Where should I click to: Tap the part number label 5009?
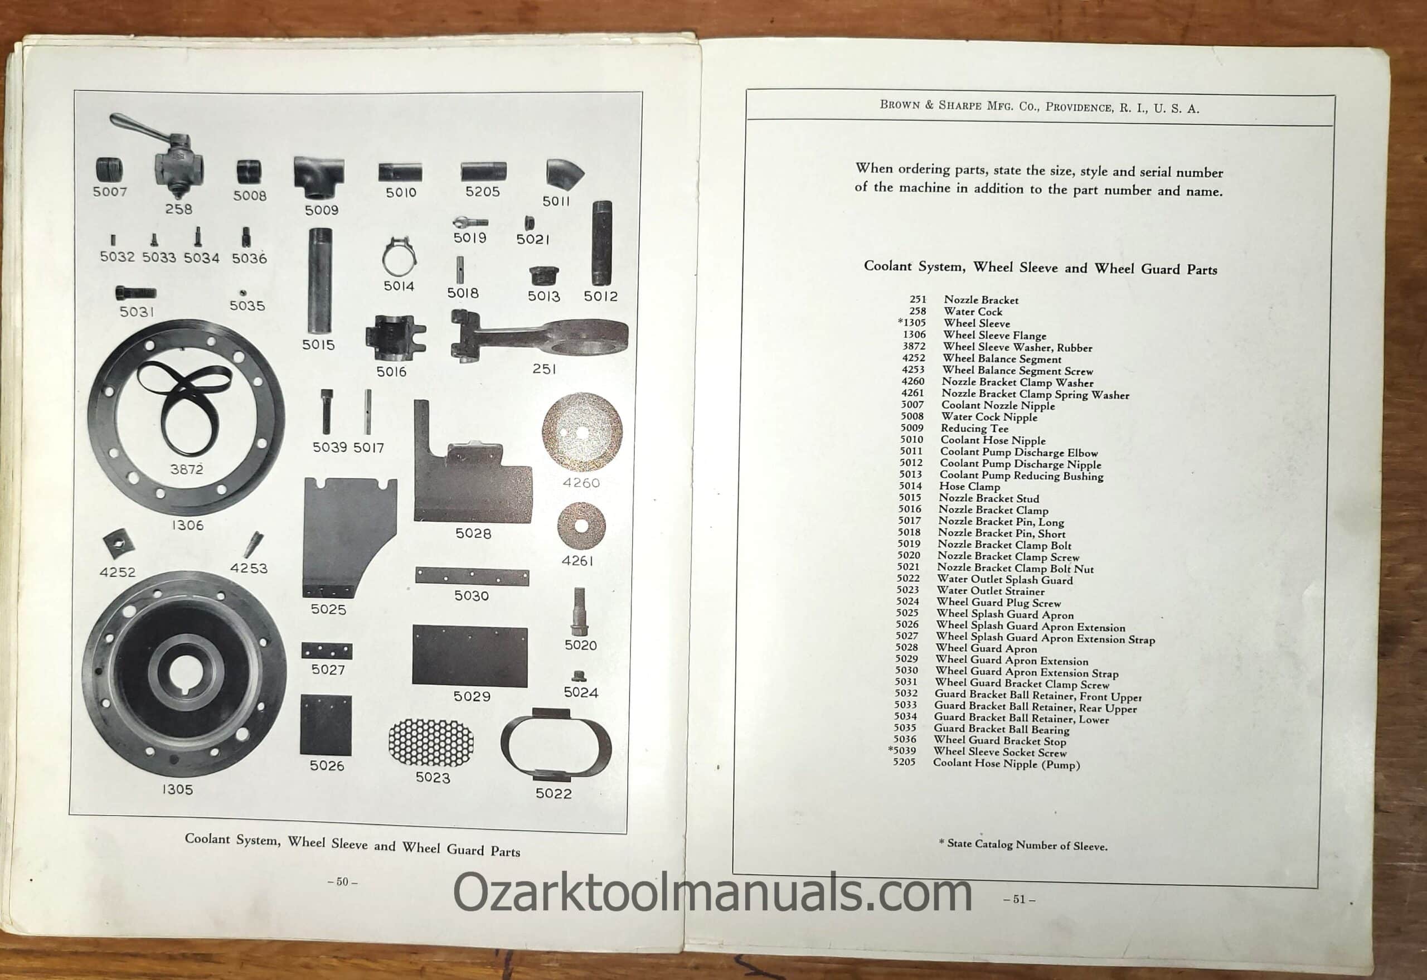coord(322,210)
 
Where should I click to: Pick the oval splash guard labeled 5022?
coord(556,744)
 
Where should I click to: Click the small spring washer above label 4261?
coord(580,526)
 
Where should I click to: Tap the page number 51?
coord(1020,900)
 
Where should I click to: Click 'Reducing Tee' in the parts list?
coord(974,429)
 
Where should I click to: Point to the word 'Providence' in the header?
coord(1078,107)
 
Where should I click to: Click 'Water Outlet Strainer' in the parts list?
coord(991,591)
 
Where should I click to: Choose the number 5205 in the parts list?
coord(905,762)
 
